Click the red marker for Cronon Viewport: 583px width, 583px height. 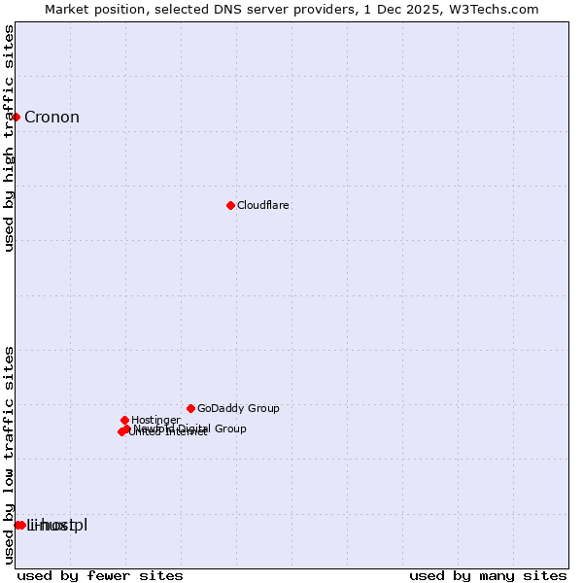16,117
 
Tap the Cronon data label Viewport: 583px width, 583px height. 51,118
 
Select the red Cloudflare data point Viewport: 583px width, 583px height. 230,205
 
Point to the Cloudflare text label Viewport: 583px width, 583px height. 262,205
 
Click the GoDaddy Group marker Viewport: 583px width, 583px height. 190,408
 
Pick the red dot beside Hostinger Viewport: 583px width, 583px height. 124,420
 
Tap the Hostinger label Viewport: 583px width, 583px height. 155,420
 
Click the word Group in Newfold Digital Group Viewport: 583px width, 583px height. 230,429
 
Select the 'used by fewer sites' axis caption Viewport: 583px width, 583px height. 100,575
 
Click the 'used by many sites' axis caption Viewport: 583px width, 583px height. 488,575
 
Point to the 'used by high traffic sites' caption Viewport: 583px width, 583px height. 10,138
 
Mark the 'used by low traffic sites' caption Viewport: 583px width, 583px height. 10,454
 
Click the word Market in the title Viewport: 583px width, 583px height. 68,9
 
